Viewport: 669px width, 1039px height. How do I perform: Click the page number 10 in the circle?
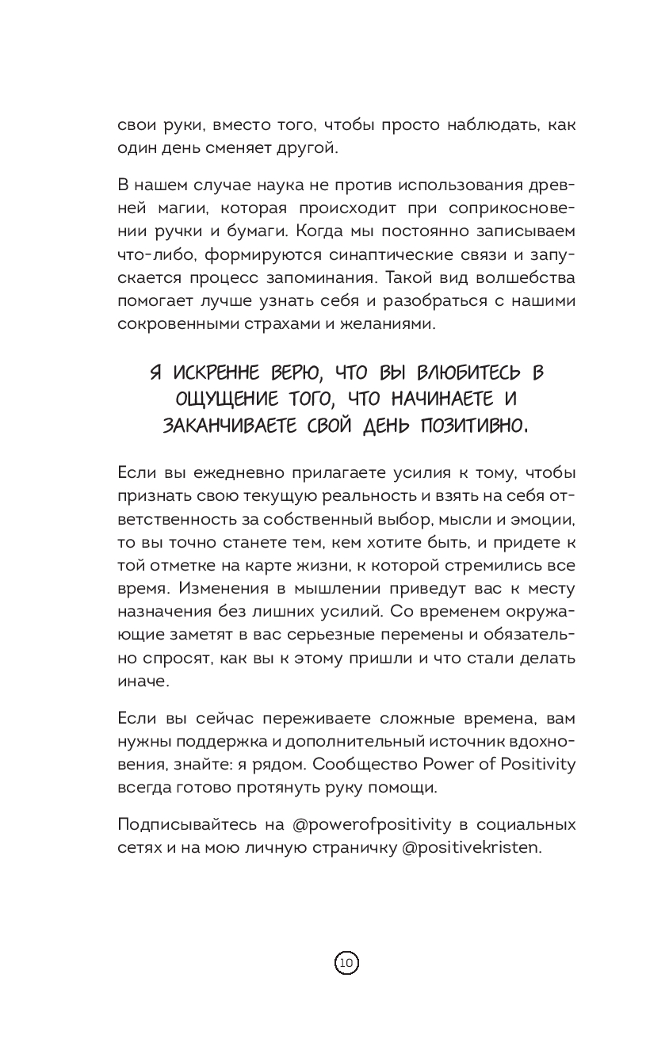(346, 963)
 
